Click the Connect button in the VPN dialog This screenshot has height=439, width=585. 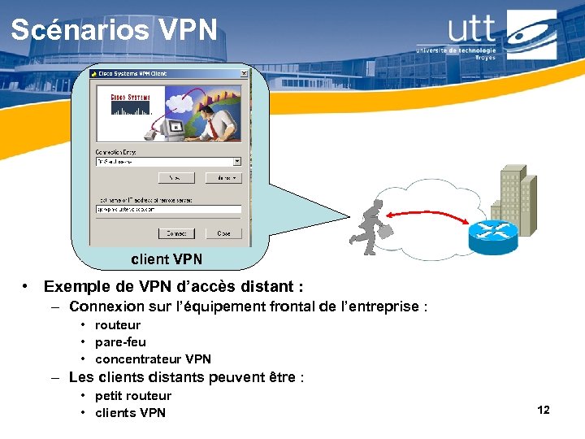(176, 233)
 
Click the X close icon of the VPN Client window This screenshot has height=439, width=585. (243, 73)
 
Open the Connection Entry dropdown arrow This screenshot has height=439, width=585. (237, 162)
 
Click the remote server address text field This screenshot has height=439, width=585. (168, 209)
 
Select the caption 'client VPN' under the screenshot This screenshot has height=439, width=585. (167, 259)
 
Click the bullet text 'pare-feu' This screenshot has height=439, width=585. (120, 342)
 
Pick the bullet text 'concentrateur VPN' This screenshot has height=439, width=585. (153, 359)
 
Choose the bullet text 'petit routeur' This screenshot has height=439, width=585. (133, 396)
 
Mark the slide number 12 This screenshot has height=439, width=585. (544, 410)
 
